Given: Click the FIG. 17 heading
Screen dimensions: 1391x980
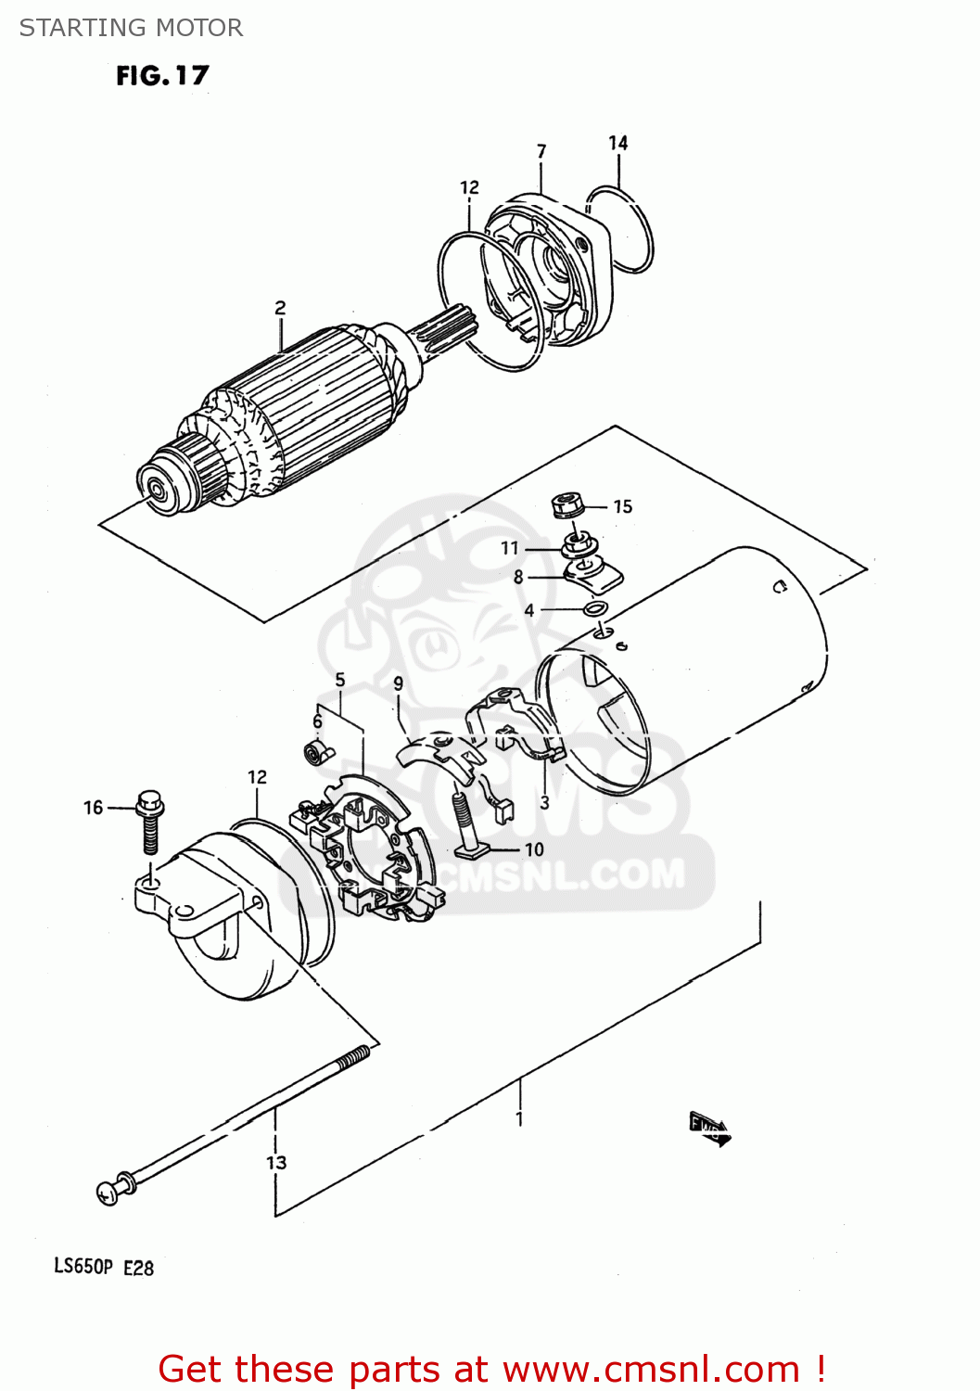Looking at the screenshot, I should [x=162, y=75].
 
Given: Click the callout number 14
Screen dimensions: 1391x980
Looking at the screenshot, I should [x=617, y=143].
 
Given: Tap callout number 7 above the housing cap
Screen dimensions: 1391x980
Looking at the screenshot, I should [x=541, y=151].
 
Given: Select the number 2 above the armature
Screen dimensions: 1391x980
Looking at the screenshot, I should [x=280, y=308].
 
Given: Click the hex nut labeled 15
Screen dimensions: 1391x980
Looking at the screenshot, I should [x=566, y=506].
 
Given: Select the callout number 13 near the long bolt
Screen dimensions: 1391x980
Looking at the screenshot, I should [x=276, y=1162].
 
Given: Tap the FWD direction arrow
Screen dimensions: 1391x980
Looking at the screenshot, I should [x=709, y=1129].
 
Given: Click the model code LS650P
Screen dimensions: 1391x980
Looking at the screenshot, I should [x=83, y=1266].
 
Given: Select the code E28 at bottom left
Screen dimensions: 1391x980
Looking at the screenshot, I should [x=138, y=1267].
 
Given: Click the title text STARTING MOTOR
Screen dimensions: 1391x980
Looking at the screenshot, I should [x=131, y=28].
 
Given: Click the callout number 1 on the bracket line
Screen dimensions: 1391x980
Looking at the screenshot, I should [x=519, y=1119].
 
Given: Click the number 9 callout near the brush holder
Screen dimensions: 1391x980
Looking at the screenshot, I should [x=398, y=683].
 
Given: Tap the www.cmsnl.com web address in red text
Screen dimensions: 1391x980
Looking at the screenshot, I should [x=651, y=1369].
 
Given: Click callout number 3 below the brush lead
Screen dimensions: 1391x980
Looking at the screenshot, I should [x=544, y=803].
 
